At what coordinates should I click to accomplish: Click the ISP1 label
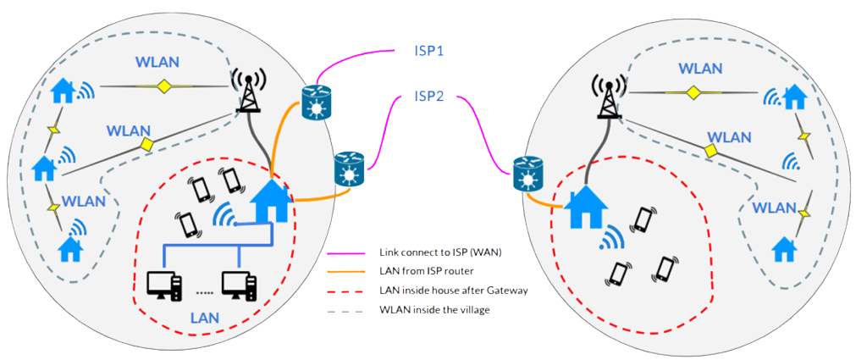(429, 51)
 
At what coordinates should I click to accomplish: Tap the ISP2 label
(429, 97)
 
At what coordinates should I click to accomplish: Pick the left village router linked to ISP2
(349, 169)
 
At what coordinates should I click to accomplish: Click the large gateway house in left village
(273, 200)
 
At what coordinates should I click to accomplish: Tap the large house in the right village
(585, 209)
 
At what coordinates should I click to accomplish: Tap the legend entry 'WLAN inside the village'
(424, 309)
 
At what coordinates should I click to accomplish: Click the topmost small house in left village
(63, 89)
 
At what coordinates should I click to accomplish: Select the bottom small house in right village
(786, 247)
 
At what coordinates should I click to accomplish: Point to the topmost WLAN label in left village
(158, 64)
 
